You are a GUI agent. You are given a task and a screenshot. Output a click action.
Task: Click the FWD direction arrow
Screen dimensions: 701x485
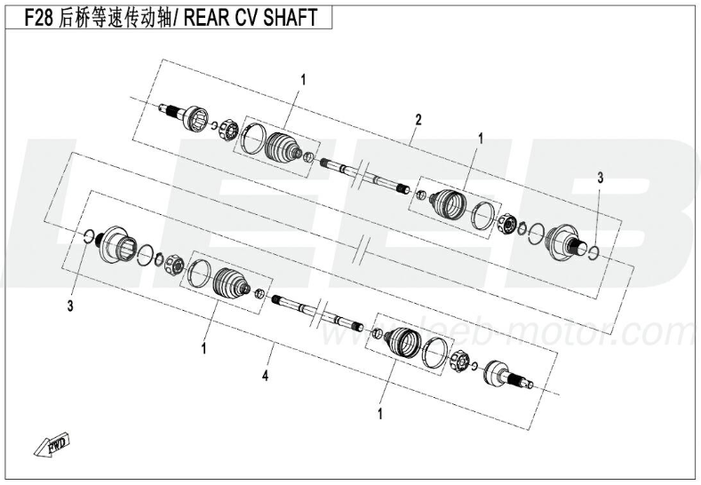52,444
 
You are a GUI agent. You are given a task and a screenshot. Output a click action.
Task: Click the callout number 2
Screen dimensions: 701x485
418,120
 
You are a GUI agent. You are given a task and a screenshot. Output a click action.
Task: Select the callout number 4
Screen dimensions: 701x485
265,376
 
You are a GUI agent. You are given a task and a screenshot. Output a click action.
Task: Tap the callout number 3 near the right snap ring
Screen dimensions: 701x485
601,178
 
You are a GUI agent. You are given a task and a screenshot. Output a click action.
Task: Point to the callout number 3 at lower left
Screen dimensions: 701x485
70,306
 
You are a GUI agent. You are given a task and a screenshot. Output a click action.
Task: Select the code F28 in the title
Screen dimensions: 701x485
38,18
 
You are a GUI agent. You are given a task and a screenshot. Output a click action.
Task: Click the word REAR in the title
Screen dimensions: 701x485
207,18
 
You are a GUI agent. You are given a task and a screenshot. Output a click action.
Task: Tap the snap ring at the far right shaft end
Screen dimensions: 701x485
593,252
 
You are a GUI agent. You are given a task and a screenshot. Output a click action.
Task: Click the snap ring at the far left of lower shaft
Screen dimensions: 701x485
90,237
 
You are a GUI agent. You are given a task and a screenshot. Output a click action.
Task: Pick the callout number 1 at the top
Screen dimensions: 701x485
304,81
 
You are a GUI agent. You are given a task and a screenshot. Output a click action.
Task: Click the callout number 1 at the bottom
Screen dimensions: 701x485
380,414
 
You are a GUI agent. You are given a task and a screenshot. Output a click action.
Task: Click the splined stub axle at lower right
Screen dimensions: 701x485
508,375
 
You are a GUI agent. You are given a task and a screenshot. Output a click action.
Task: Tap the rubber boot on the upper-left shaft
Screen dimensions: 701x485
283,146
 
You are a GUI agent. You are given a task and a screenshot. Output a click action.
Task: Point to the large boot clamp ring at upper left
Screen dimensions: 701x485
253,138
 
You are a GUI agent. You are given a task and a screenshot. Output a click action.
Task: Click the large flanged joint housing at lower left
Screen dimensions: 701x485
115,244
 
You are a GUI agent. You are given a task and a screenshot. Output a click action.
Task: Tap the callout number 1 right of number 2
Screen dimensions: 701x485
481,139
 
